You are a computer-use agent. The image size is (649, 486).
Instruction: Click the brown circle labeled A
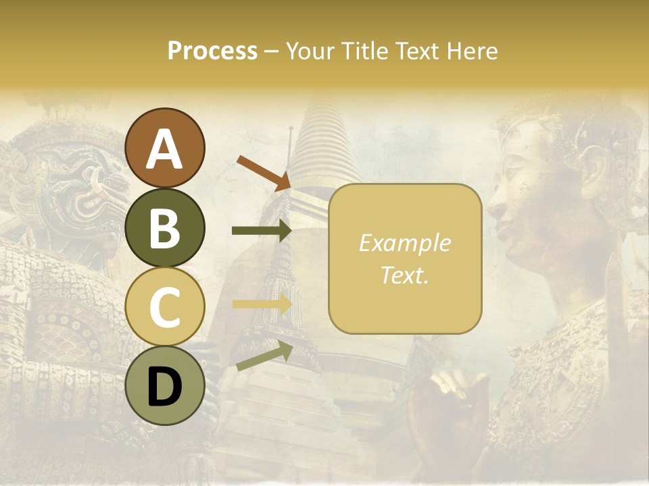[x=165, y=148]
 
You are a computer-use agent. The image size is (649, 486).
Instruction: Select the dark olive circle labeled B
[x=165, y=227]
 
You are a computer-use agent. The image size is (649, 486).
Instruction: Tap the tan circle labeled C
[x=165, y=307]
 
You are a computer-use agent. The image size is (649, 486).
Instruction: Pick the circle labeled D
[x=165, y=387]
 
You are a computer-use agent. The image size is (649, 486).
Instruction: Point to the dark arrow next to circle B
[x=261, y=231]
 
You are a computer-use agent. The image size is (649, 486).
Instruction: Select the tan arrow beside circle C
[x=261, y=304]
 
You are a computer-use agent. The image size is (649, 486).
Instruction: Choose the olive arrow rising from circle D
[x=264, y=356]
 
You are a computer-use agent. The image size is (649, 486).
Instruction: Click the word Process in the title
[x=212, y=51]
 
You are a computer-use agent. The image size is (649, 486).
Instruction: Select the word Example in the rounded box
[x=404, y=243]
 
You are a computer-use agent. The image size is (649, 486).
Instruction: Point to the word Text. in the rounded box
[x=404, y=275]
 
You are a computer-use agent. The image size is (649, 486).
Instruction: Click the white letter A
[x=165, y=149]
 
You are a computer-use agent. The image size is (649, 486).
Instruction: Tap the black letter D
[x=165, y=387]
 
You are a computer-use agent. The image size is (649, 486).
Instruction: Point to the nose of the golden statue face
[x=497, y=202]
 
